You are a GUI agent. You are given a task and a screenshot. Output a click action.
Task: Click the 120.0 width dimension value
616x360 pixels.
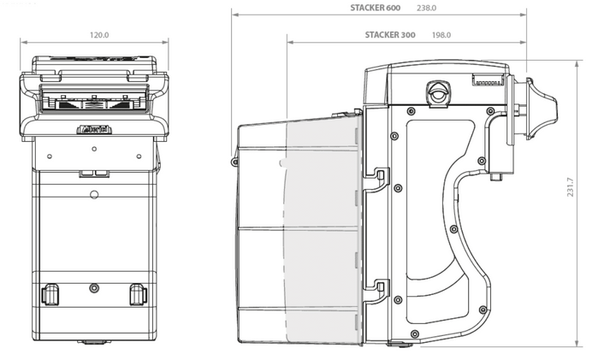[x=99, y=35]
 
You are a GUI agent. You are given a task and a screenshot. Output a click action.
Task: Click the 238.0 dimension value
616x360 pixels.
[x=426, y=8]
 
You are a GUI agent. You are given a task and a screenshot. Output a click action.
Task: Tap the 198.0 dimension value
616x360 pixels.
[x=441, y=35]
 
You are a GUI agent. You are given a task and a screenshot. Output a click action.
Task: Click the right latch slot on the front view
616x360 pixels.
[x=137, y=295]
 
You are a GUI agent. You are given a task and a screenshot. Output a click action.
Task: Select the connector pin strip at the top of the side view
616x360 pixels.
[x=489, y=83]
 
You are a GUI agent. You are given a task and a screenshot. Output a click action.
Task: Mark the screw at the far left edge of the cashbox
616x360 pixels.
[x=234, y=161]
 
